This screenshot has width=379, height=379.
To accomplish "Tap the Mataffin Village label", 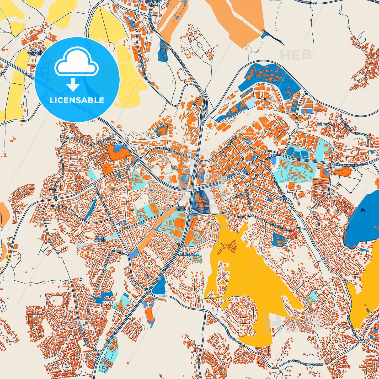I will point(35,52).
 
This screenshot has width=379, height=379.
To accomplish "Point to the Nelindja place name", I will point(324,125).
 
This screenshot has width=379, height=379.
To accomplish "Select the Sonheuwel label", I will point(189,254).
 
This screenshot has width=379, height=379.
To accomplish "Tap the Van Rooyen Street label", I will point(82,334).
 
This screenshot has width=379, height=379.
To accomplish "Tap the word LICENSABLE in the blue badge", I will point(77,100).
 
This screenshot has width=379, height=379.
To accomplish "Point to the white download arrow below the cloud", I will point(73,84).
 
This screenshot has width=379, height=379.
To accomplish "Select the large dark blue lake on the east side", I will point(365,220).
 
